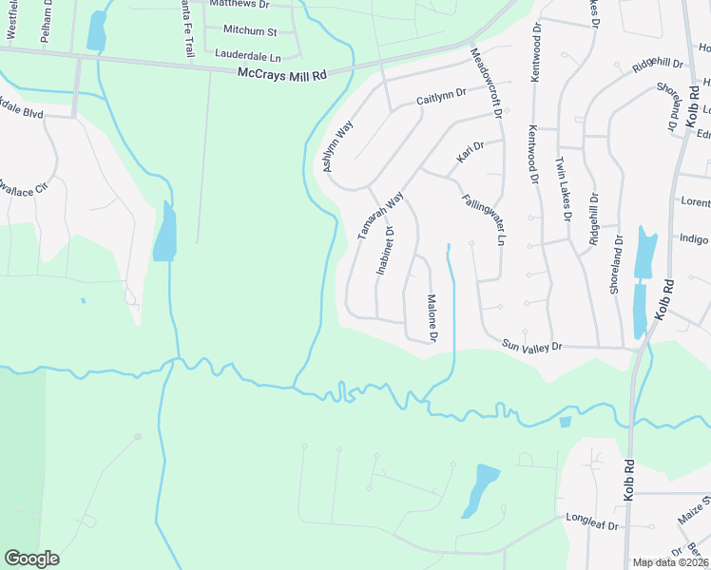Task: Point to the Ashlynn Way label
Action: pyautogui.click(x=338, y=145)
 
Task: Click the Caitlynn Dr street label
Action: pyautogui.click(x=441, y=95)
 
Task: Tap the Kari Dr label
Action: pyautogui.click(x=471, y=152)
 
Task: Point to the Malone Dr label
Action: pyautogui.click(x=432, y=318)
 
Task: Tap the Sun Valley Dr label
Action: pyautogui.click(x=532, y=347)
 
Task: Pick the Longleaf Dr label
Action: pyautogui.click(x=592, y=525)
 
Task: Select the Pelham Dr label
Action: pyautogui.click(x=44, y=19)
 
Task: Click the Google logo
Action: pyautogui.click(x=31, y=559)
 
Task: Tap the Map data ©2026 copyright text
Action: pyautogui.click(x=670, y=562)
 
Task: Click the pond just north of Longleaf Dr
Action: pyautogui.click(x=481, y=489)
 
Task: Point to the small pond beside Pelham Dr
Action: pyautogui.click(x=96, y=31)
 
